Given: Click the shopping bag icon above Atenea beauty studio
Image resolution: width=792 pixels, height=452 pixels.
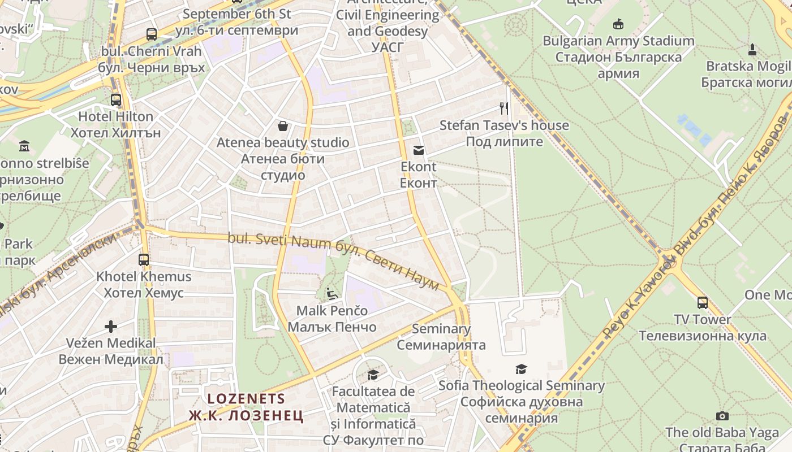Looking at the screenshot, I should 283,125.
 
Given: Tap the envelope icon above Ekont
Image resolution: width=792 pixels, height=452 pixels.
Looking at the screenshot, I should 419,150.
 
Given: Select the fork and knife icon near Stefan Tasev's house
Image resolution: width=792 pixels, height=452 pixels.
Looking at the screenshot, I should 504,108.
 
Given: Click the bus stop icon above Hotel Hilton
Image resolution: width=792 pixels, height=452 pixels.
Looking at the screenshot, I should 116,100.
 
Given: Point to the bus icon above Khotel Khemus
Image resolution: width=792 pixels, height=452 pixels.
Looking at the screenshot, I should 144,260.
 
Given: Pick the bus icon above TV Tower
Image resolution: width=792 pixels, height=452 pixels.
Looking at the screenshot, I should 702,302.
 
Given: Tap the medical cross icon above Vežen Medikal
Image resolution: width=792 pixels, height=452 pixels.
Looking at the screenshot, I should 111,326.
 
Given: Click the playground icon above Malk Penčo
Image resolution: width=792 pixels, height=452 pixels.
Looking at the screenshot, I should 332,294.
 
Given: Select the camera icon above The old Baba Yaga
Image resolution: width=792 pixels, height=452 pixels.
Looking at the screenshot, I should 722,416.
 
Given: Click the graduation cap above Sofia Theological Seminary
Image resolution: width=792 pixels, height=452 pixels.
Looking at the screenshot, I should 521,369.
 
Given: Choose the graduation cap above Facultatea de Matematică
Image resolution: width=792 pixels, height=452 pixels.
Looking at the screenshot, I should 373,375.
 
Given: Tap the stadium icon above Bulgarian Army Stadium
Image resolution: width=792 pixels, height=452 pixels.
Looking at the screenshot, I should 618,24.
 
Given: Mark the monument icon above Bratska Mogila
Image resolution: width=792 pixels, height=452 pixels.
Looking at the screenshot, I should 752,50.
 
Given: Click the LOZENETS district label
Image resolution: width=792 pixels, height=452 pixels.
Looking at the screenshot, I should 247,398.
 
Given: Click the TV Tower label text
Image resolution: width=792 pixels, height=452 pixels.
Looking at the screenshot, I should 703,320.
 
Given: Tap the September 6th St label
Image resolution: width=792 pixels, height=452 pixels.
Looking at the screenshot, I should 237,14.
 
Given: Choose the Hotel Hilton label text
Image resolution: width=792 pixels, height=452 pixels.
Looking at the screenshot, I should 115,117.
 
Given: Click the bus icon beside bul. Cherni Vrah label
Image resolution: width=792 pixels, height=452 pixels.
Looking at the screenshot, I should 152,34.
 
